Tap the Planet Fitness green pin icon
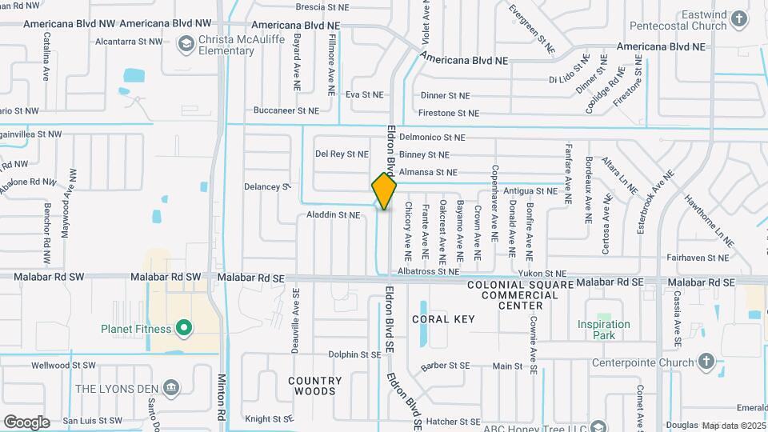click(x=184, y=328)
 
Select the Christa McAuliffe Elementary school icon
click(x=186, y=42)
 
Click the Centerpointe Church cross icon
click(x=706, y=362)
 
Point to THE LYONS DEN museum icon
click(x=170, y=389)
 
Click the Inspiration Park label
click(x=604, y=330)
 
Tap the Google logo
click(x=26, y=422)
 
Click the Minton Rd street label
click(x=222, y=398)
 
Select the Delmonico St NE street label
click(x=432, y=138)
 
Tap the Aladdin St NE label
click(x=334, y=215)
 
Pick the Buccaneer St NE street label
click(x=286, y=110)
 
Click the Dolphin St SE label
click(x=354, y=354)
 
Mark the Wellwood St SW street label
click(x=63, y=366)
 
